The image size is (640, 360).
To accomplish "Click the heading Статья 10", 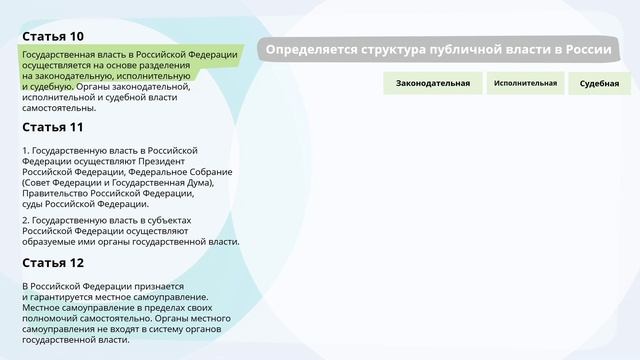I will (53, 36).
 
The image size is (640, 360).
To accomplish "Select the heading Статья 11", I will (53, 127).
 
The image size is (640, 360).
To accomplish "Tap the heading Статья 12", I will (53, 262).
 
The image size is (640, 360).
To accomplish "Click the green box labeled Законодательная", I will (432, 83).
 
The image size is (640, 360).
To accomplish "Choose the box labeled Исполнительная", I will (525, 83).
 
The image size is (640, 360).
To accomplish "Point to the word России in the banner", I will (588, 50).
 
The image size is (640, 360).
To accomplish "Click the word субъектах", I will (169, 219).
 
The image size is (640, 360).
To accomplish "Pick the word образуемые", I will (48, 241).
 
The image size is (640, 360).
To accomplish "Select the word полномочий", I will (50, 318).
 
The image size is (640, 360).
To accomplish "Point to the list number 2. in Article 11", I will (26, 219).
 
